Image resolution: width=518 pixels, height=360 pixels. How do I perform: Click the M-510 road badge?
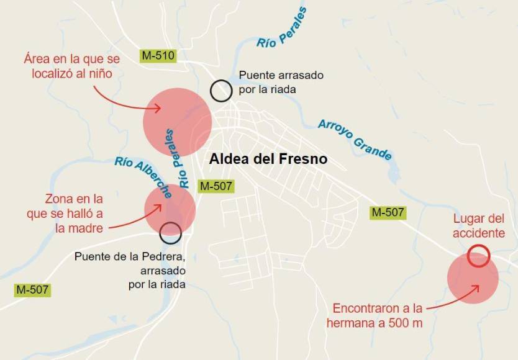(x=158, y=55)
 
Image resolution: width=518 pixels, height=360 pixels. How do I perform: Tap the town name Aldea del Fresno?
(x=268, y=159)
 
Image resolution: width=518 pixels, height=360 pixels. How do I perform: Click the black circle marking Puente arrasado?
(x=220, y=91)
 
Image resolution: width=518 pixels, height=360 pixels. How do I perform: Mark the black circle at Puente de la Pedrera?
(x=171, y=233)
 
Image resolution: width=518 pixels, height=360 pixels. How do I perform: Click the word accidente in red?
(x=478, y=233)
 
